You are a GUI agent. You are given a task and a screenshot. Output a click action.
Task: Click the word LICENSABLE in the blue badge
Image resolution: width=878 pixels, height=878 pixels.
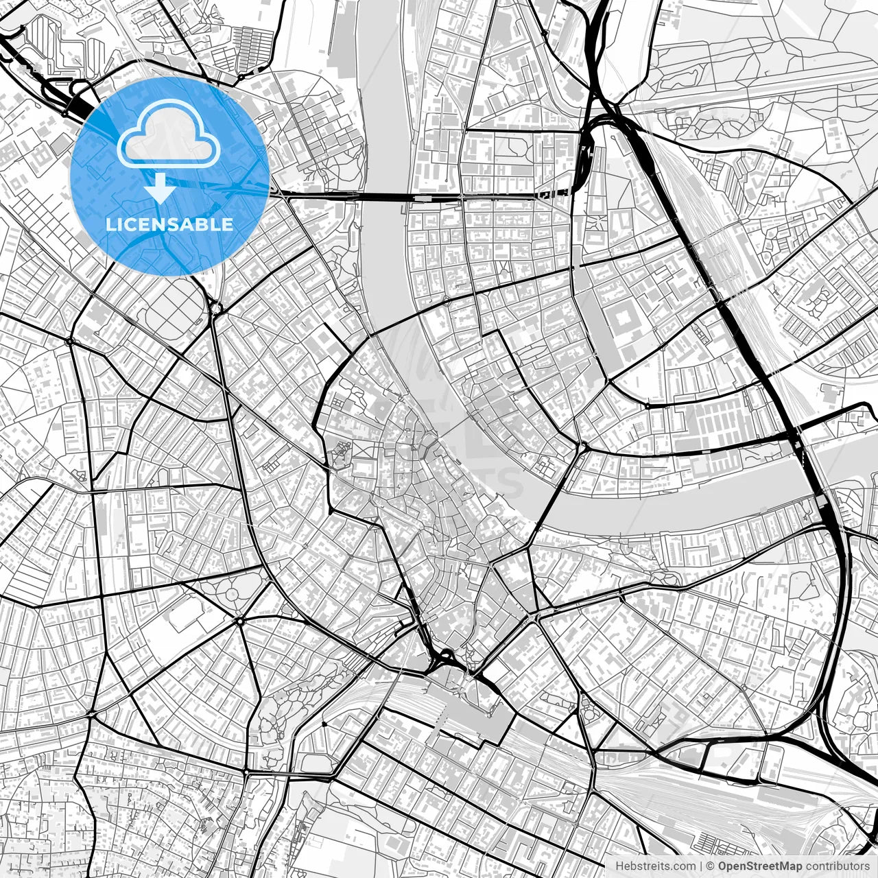click(169, 224)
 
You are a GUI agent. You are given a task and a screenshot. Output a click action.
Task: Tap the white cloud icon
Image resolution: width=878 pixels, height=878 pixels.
click(169, 134)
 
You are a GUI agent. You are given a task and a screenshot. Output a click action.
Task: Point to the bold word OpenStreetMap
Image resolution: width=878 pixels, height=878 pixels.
click(759, 866)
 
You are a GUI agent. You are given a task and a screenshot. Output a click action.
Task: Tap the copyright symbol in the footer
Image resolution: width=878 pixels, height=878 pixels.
click(711, 866)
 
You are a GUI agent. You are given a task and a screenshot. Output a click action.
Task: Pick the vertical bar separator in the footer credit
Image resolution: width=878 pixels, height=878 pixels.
click(700, 866)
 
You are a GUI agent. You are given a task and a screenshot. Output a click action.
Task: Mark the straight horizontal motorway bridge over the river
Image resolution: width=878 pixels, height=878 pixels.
click(384, 197)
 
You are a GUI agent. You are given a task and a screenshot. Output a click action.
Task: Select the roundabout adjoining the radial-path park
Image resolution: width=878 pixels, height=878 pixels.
click(240, 621)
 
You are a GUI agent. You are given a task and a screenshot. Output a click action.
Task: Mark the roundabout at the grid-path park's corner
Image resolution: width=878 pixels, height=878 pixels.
click(215, 309)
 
